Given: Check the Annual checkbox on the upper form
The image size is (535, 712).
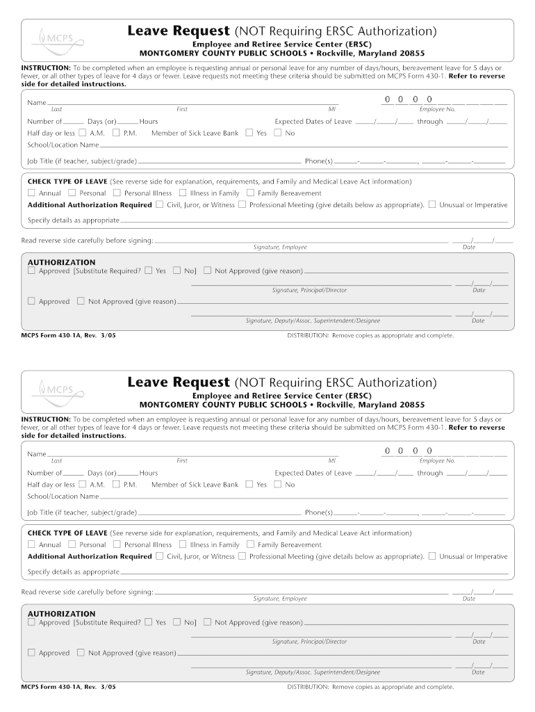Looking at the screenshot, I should coord(31,193).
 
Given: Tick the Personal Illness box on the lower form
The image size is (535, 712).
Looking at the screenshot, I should coord(117,545).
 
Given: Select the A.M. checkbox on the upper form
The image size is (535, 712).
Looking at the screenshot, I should coord(83,133).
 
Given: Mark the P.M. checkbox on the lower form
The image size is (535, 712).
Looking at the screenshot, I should coord(116,484).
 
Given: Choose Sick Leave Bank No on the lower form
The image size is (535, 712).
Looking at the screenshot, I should coord(278,484).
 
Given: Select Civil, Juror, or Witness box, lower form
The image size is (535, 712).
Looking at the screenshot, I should coord(160,556).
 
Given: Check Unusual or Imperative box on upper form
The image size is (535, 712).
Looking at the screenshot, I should coord(432,205).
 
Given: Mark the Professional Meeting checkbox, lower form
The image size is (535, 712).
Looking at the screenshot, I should coord(242,556).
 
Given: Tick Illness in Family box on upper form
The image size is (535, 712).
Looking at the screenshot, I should coord(183,193).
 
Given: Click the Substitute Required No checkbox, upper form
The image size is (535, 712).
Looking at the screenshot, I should coord(176,270).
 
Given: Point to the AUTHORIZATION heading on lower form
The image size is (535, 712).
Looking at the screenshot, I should coord(61,614).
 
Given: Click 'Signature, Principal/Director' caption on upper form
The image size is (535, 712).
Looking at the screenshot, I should coord(309,290).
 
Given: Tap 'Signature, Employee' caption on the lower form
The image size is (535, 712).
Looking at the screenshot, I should coord(280,599).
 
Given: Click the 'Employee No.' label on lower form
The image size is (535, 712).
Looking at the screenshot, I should coord(437,460).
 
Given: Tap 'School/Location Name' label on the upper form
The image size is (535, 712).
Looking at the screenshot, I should coord(63,145).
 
